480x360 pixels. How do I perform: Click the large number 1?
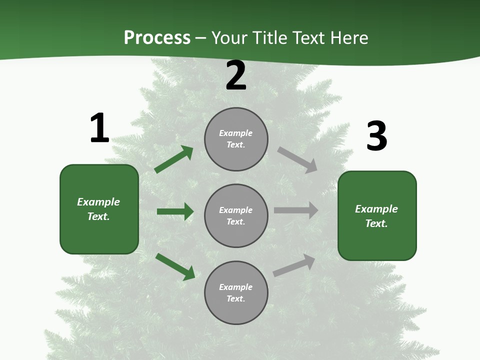coord(99,128)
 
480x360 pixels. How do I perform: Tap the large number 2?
coord(236,76)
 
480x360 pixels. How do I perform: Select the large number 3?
coord(376,136)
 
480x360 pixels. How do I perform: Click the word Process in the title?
coord(157,37)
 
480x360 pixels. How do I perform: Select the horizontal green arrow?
coord(175,211)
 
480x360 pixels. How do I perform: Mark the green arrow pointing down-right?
coord(175,267)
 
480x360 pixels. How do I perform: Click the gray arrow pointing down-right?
coord(297,160)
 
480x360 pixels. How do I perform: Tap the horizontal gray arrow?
coord(296,210)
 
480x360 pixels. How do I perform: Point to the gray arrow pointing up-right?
coord(294,265)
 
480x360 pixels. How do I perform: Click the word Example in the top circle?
coord(235,133)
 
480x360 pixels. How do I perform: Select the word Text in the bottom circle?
coord(235,298)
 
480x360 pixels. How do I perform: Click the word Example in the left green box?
coord(98,202)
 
